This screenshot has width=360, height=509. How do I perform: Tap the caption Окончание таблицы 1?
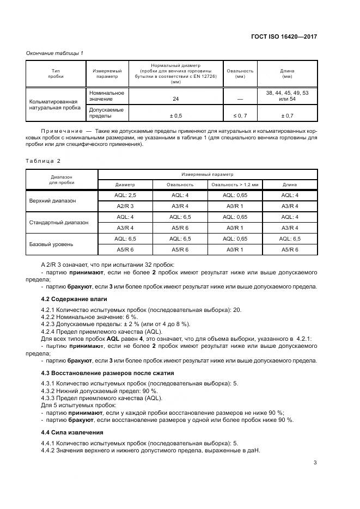[55, 53]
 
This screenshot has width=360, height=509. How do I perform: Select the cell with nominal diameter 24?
[175, 99]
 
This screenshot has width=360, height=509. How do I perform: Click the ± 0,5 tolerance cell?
[175, 115]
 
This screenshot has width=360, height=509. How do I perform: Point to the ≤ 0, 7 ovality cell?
[240, 115]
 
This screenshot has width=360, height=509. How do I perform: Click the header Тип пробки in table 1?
[55, 73]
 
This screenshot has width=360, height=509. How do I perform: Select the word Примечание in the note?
[60, 132]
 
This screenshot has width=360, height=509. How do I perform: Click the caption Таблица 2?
[44, 161]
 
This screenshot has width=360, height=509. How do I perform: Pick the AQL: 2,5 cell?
[125, 195]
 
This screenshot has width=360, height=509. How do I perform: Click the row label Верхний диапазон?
[52, 200]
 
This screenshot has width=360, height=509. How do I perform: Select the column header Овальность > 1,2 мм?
[234, 184]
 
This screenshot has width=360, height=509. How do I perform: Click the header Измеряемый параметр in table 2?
[207, 174]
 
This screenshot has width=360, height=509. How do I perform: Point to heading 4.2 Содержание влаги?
[74, 299]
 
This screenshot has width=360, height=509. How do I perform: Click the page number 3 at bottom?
[315, 463]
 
